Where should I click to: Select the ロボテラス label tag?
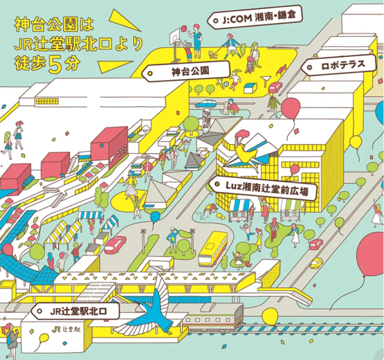[x=339, y=66]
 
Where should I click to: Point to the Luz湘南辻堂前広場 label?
[x=263, y=188]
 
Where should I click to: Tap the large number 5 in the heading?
[x=54, y=64]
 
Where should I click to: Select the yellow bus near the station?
[x=212, y=249]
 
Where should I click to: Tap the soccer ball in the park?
[x=226, y=85]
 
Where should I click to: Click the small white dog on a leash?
[x=213, y=55]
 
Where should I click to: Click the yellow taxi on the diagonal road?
[x=317, y=263]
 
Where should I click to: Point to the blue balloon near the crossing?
[x=155, y=217]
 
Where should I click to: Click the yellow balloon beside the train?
[x=270, y=316]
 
